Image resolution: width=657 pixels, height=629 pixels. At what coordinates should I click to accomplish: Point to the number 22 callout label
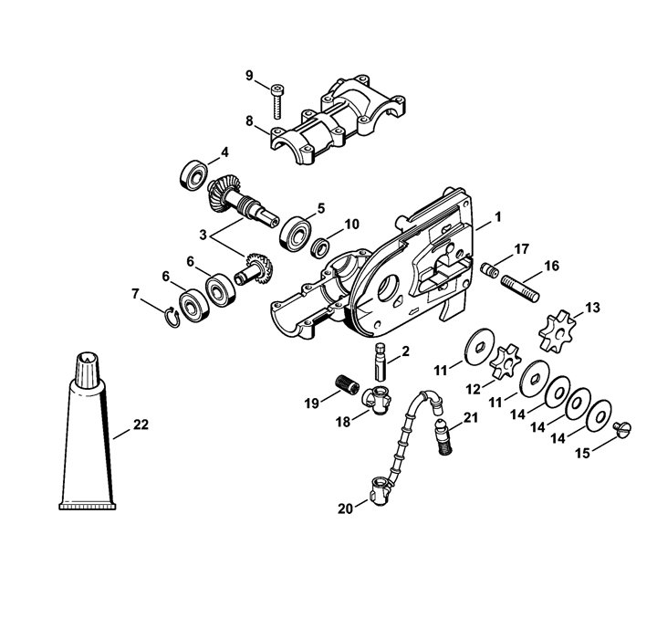[141, 425]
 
